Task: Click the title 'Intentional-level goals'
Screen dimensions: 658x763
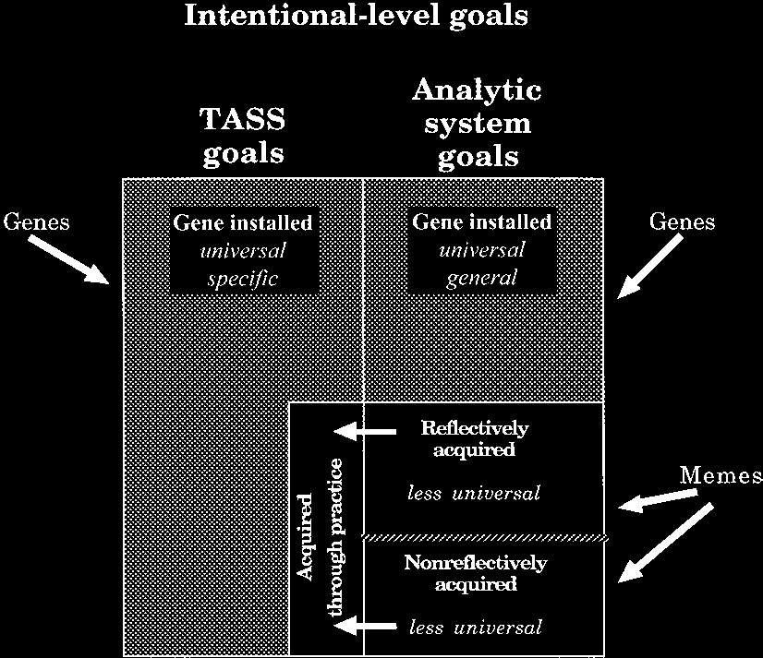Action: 357,17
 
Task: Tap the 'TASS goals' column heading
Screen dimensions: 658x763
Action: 243,136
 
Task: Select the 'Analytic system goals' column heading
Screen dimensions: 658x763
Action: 477,124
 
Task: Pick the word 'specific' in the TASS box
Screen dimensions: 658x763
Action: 243,277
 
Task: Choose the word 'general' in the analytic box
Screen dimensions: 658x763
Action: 481,277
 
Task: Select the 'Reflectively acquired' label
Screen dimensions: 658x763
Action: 475,439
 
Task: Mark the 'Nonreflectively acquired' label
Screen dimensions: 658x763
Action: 475,572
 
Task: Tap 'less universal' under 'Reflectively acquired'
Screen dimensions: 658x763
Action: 473,494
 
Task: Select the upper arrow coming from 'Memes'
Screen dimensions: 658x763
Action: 657,501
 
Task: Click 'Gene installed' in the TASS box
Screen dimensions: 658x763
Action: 243,222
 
